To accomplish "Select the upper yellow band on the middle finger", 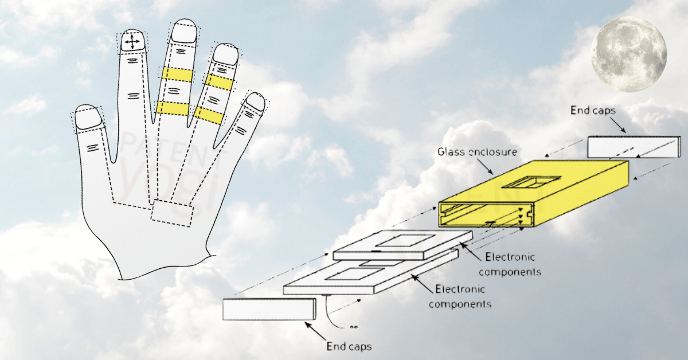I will (x=177, y=74).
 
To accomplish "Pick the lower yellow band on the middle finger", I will (x=173, y=108).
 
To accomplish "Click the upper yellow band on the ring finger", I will (x=219, y=83).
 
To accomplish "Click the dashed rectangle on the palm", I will (x=172, y=213).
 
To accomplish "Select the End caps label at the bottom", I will (x=349, y=346).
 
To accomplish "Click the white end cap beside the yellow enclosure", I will (x=626, y=147).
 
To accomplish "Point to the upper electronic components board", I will (x=402, y=246).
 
